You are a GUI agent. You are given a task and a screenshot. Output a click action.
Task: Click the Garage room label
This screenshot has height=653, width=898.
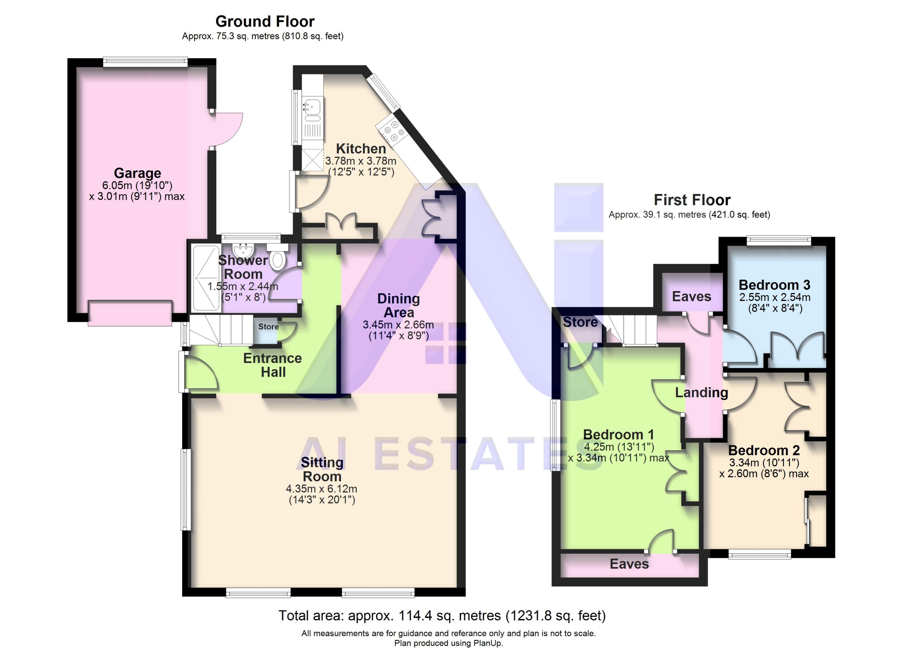pyautogui.click(x=138, y=173)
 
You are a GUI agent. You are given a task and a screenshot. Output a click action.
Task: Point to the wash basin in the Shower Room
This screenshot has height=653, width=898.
pyautogui.click(x=242, y=250)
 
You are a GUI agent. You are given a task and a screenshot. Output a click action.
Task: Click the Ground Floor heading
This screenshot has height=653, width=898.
pyautogui.click(x=265, y=21)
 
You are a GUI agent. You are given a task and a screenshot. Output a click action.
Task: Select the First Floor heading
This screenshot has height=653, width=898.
pyautogui.click(x=692, y=200)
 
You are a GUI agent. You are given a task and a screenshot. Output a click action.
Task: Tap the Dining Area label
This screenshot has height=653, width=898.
pyautogui.click(x=399, y=305)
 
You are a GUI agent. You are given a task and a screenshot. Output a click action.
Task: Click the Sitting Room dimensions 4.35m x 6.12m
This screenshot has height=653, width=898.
pyautogui.click(x=322, y=489)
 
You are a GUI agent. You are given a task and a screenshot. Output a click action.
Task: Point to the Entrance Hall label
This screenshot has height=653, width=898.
pyautogui.click(x=273, y=365)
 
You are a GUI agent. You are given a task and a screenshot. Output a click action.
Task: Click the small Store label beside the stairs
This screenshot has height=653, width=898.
pyautogui.click(x=268, y=326)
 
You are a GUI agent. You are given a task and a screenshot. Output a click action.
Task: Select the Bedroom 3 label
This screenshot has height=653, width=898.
pyautogui.click(x=775, y=285)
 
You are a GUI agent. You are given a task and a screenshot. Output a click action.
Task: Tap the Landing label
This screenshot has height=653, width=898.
pyautogui.click(x=702, y=392)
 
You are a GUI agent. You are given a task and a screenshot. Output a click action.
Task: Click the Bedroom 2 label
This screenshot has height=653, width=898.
pyautogui.click(x=764, y=450)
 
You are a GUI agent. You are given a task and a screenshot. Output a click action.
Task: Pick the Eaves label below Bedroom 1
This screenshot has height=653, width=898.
pyautogui.click(x=629, y=564)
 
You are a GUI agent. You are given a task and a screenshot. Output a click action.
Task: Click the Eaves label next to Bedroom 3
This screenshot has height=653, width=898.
pyautogui.click(x=692, y=296)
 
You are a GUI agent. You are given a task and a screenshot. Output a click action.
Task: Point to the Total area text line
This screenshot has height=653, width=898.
pyautogui.click(x=442, y=616)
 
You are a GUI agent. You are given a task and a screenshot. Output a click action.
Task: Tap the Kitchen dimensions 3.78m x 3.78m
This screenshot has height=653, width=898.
pyautogui.click(x=361, y=161)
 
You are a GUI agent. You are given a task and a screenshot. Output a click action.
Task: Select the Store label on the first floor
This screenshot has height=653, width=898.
pyautogui.click(x=581, y=322)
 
